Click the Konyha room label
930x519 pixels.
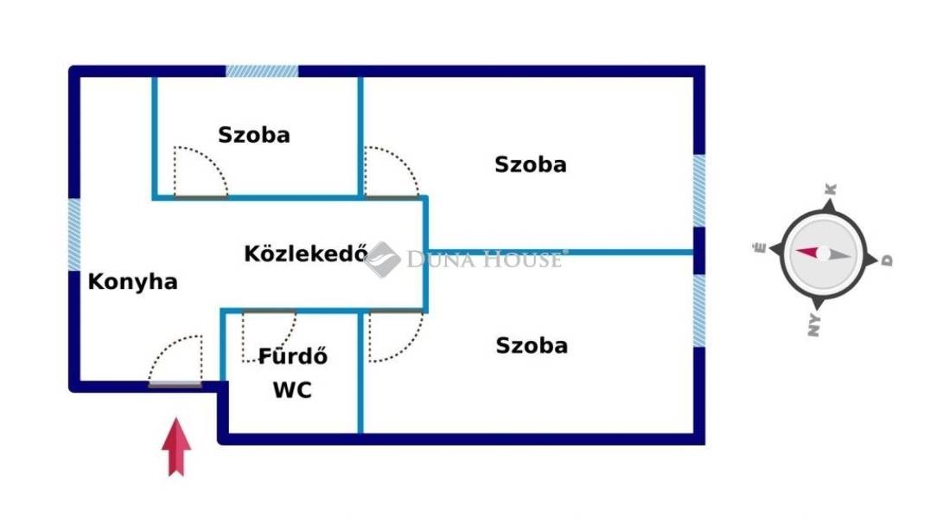tap(133, 281)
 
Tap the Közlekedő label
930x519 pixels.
tap(306, 253)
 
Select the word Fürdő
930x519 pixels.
tap(293, 356)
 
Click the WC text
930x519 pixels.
tap(292, 390)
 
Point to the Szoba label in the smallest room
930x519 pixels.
tap(254, 135)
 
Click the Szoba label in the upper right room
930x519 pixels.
tap(530, 164)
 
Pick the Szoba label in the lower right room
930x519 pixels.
tap(532, 346)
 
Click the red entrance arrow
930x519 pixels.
tap(176, 446)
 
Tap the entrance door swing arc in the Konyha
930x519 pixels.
tap(175, 360)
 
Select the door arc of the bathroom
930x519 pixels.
tap(269, 336)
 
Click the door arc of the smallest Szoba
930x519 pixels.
tap(201, 171)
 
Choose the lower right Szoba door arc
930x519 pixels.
tap(396, 336)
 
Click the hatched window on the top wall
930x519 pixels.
tap(262, 71)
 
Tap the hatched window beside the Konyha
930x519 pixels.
tap(74, 234)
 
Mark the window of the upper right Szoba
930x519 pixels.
tap(699, 190)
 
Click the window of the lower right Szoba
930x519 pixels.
tap(699, 311)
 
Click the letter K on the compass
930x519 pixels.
tap(831, 189)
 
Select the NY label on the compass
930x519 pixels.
tap(814, 325)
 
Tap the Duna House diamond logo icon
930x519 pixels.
tap(382, 259)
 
